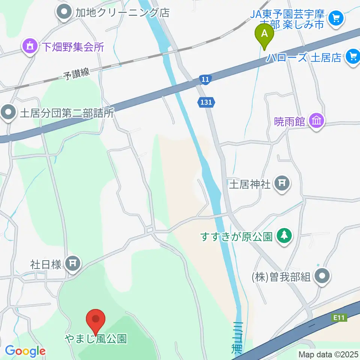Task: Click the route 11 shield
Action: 205,79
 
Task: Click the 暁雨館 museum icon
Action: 317,121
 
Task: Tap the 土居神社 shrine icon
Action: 282,183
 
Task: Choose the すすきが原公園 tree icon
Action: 285,236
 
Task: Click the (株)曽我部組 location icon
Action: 322,277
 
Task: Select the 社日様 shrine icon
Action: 72,264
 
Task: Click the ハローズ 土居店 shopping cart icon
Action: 352,56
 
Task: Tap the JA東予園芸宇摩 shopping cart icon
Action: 335,17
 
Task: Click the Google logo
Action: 25,351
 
